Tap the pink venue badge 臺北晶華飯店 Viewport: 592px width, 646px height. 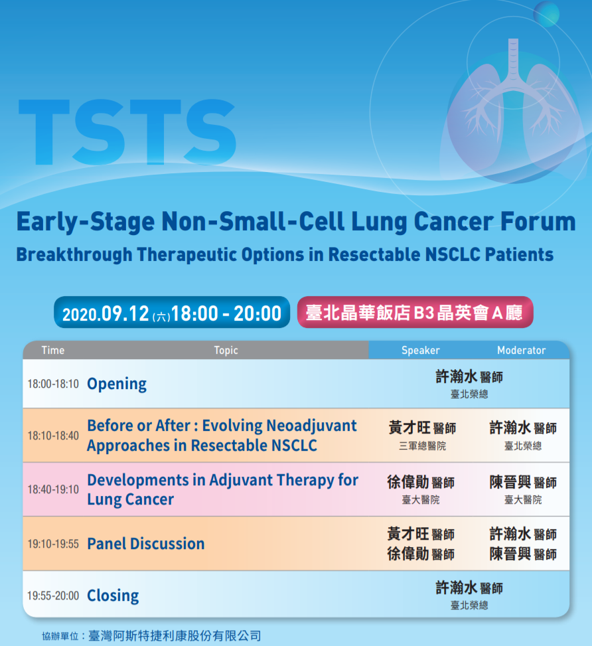click(415, 312)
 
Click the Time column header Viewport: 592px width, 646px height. click(53, 350)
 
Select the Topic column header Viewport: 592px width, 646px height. click(226, 350)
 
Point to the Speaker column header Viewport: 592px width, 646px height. click(420, 350)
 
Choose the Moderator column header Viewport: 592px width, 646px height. click(521, 350)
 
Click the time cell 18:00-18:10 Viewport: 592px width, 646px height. click(53, 384)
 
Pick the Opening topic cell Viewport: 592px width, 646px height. click(117, 384)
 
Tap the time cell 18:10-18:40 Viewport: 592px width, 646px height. click(53, 436)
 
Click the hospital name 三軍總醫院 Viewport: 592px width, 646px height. click(422, 446)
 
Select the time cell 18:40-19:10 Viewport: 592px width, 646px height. click(53, 489)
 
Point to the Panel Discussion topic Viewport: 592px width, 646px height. click(146, 544)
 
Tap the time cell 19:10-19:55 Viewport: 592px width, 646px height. click(53, 544)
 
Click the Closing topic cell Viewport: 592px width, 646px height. click(113, 596)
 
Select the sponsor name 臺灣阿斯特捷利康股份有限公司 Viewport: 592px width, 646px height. click(175, 636)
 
